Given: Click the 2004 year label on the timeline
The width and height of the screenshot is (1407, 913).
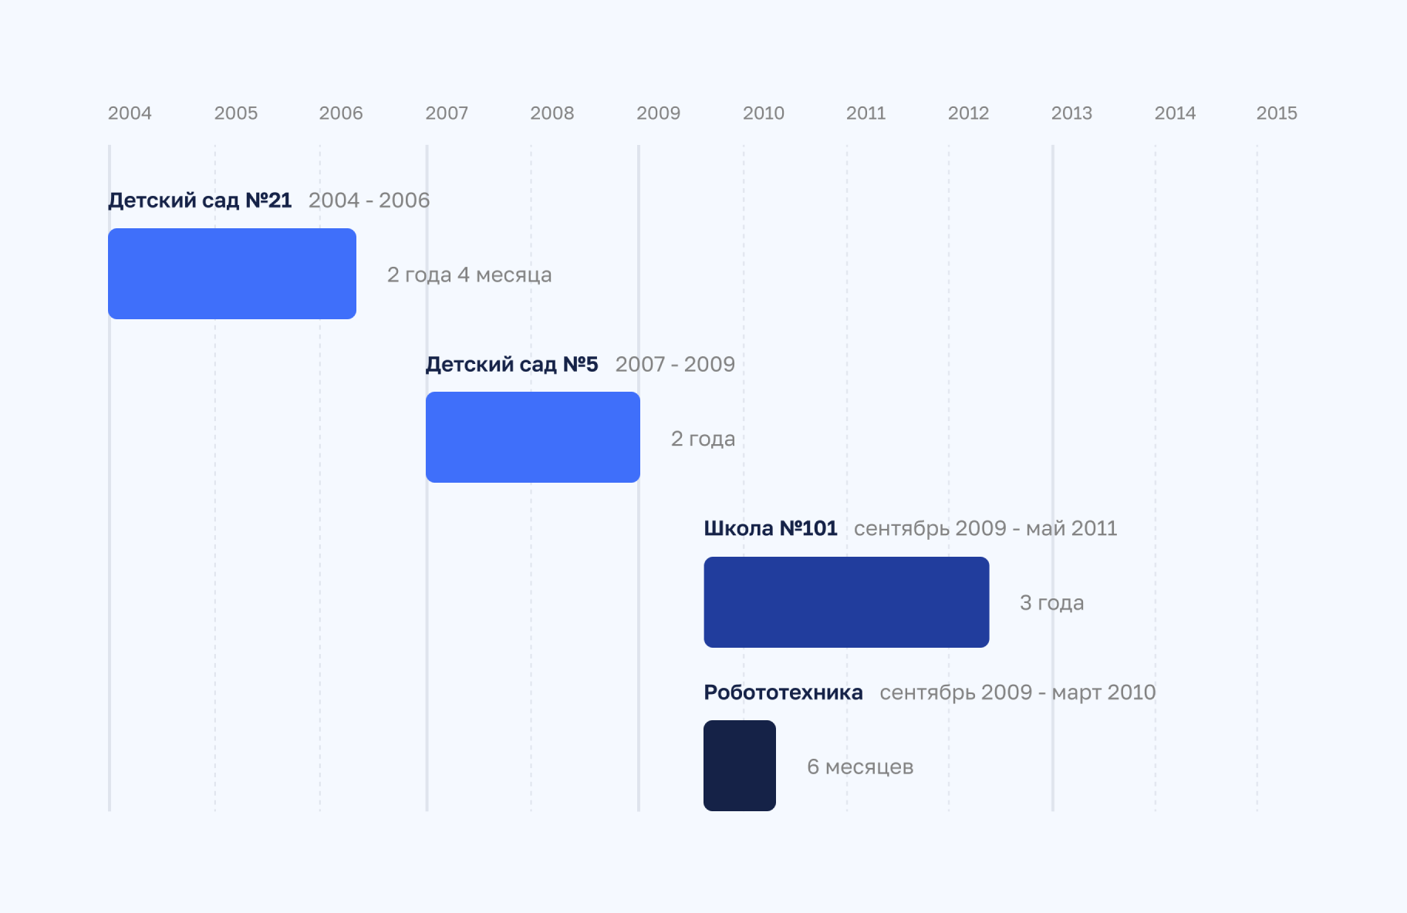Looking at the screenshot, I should point(130,113).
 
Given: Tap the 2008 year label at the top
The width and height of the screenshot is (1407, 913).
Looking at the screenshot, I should point(552,113).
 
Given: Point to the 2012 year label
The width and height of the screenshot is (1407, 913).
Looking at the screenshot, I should point(968,113).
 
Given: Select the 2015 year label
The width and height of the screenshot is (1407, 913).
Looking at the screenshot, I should point(1277,113).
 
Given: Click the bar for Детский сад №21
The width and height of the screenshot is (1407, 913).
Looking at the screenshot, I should point(232,274).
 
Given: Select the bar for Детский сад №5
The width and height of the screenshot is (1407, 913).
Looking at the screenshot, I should point(533,437).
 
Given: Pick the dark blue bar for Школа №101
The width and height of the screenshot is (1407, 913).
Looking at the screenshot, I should point(846,602).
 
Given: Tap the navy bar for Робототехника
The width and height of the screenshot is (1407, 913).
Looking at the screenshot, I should point(740,766).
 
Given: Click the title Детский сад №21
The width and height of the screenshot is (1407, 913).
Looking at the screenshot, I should point(200,200).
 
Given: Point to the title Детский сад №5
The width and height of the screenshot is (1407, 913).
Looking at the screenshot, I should point(511,364).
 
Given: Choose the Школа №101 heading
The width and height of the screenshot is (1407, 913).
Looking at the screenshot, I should point(770,528).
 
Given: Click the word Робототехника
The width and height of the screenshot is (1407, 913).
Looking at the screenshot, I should point(783,692).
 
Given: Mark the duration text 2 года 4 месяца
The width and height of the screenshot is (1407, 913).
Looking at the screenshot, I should point(469,275).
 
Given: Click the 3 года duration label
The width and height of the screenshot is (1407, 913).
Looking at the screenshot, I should point(1051,603).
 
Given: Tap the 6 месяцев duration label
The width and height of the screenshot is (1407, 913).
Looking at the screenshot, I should point(860,766).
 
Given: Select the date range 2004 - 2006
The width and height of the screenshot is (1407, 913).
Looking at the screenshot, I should point(369,200).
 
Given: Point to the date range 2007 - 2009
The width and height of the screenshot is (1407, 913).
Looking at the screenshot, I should point(675,364).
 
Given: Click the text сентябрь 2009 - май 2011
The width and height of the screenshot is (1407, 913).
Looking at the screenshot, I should point(985,528).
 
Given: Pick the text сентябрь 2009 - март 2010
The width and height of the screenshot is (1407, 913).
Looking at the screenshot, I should point(1017,692).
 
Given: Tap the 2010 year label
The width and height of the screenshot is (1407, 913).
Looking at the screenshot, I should point(763,113).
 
